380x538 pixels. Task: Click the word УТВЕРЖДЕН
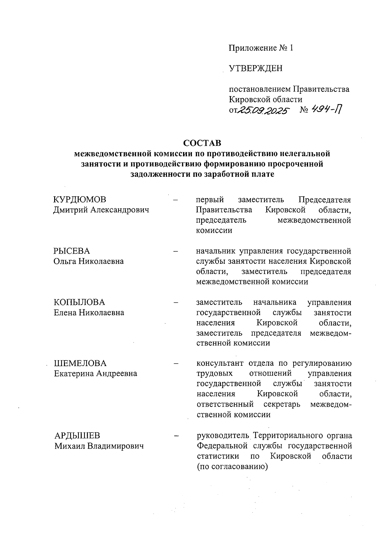point(256,68)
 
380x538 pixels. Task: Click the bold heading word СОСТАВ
point(202,143)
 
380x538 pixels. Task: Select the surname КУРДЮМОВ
point(80,200)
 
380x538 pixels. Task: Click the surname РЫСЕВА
point(72,251)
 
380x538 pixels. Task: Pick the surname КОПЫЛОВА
point(79,302)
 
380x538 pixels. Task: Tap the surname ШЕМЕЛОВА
point(80,363)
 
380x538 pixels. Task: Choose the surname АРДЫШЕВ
point(77,436)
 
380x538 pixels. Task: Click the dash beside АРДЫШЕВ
point(175,436)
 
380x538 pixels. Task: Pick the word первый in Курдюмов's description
point(210,200)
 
